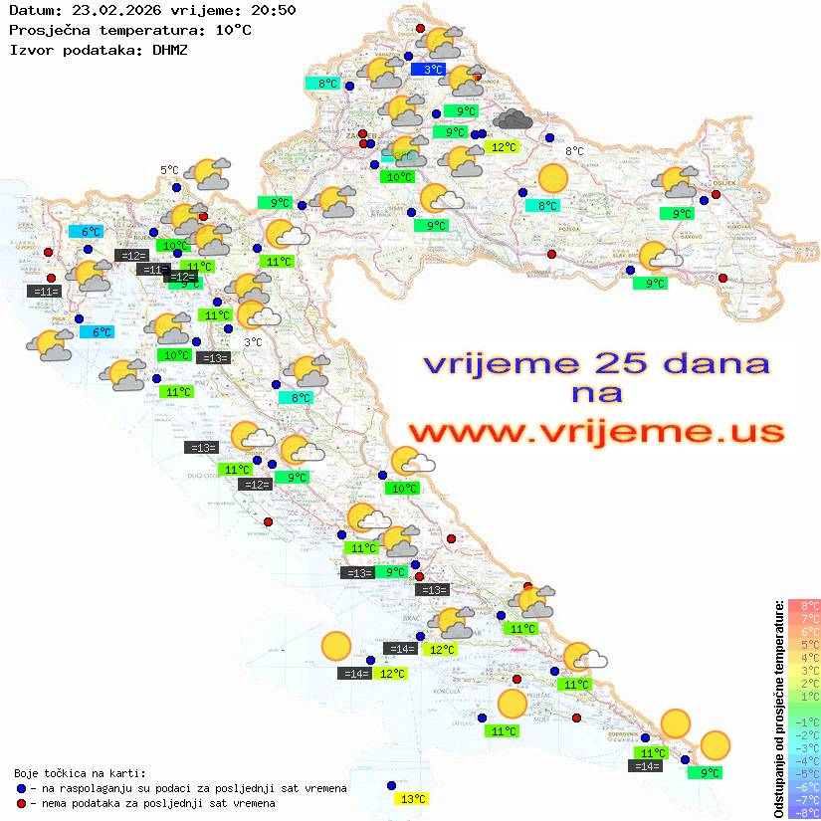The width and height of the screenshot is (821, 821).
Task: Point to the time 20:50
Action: coord(272,10)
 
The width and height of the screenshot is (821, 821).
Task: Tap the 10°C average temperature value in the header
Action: coord(233,29)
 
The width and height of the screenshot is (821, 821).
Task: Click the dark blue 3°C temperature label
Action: coord(433,70)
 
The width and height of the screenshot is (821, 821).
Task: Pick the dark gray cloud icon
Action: coord(513,120)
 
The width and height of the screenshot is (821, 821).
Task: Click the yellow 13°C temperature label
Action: coord(412,798)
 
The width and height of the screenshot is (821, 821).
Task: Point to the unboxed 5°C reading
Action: coord(169,170)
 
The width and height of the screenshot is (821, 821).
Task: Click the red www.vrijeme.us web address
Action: coord(596,433)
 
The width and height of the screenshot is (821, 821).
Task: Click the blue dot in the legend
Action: coord(22,788)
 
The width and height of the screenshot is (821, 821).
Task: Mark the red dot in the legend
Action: coord(22,803)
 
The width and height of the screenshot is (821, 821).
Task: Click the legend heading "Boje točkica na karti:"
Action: coord(80,772)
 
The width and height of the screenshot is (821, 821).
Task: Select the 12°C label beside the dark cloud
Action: coord(504,147)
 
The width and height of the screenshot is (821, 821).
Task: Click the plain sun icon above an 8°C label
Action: coord(552,179)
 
